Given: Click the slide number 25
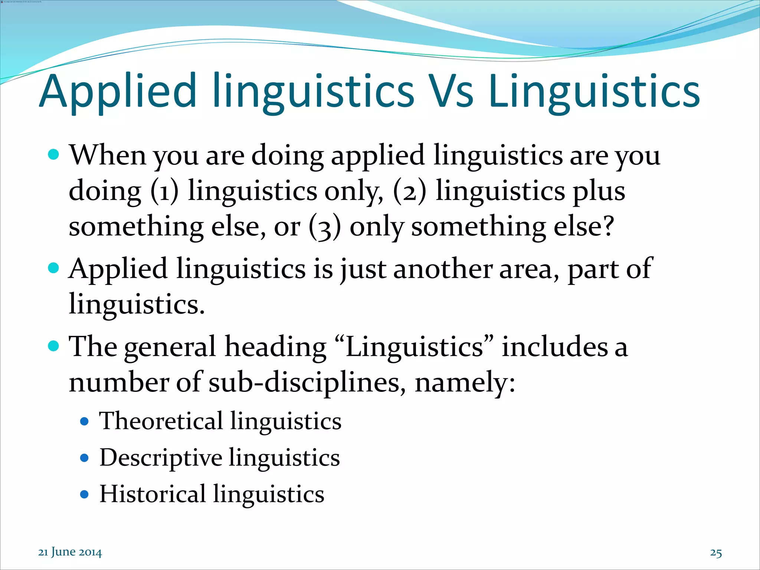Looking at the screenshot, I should (716, 553).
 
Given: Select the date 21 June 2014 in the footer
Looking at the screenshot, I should (70, 552).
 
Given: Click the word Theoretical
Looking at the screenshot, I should (161, 421).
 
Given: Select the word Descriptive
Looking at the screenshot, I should (161, 458).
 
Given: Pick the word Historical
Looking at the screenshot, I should (153, 494).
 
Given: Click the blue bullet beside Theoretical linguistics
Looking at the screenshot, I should (85, 422).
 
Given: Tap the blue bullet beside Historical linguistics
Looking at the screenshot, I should (85, 494).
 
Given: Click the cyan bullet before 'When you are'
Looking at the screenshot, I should (54, 154).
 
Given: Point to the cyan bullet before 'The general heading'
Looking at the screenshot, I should (54, 346).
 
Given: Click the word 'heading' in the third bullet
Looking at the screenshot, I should (275, 347).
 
